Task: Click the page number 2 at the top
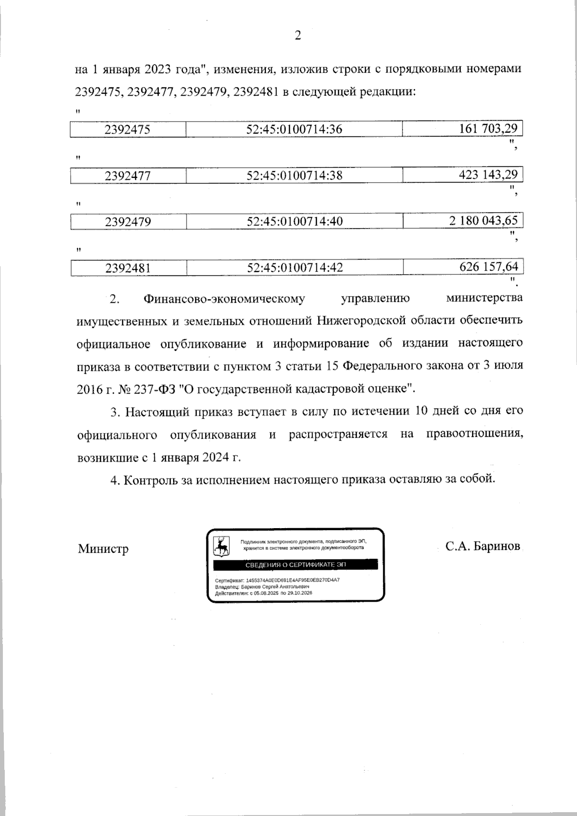tap(297, 36)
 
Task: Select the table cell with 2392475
tap(128, 130)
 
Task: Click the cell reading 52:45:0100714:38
tap(294, 176)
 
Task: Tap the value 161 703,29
tap(488, 129)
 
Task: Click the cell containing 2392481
tap(128, 268)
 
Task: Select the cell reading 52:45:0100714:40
tap(294, 222)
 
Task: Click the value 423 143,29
tap(488, 174)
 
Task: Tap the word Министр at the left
tap(103, 549)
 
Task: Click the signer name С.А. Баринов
tap(483, 547)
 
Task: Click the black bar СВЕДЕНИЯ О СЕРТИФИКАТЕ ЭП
tap(295, 565)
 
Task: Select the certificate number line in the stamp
tap(277, 580)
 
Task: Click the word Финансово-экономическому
tap(224, 299)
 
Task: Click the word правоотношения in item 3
tap(474, 434)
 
